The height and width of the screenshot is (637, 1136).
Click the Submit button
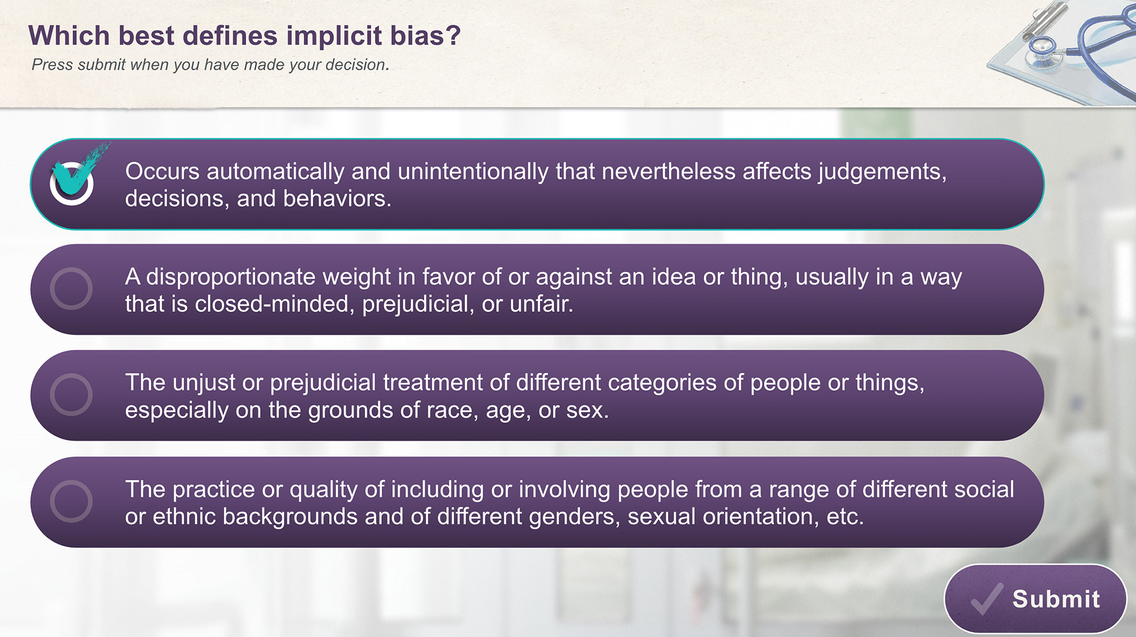coord(1035,599)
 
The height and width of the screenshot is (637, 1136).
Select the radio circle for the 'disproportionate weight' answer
coord(71,289)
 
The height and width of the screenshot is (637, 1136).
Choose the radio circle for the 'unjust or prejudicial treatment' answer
coord(71,395)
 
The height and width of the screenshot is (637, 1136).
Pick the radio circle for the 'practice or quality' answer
coord(71,501)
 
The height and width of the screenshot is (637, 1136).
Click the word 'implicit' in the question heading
coord(334,37)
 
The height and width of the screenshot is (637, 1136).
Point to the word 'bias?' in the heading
coord(425,35)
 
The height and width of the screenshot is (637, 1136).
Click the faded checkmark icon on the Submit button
coord(987,599)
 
